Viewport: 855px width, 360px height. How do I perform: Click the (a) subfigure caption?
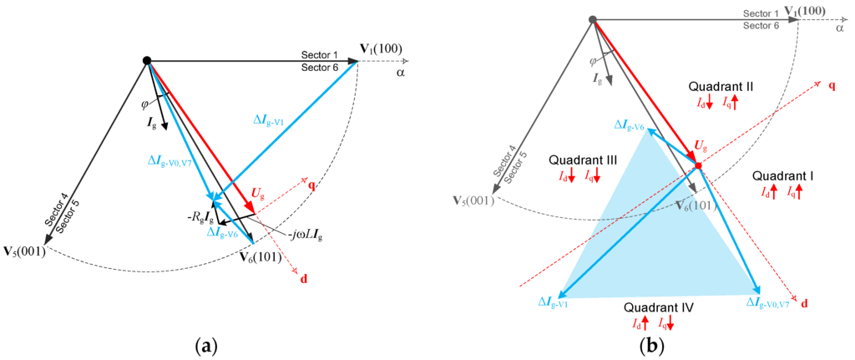(x=205, y=342)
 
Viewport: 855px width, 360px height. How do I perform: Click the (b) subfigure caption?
(x=650, y=342)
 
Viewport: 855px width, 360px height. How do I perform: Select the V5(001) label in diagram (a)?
(x=28, y=250)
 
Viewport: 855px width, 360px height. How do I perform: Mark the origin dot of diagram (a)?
(x=147, y=61)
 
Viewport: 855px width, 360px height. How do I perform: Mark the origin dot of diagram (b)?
(x=592, y=19)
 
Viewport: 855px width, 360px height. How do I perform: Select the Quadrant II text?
(x=721, y=87)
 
